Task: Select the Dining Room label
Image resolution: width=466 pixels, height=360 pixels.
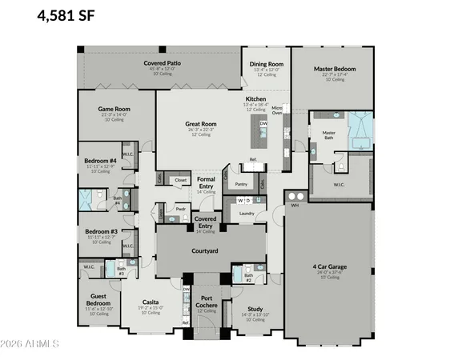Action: (x=266, y=63)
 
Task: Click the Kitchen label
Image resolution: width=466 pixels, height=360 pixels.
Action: (x=255, y=99)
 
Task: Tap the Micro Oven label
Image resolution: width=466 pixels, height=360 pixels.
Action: (x=276, y=110)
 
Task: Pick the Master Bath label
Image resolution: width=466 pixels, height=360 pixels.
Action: (x=328, y=135)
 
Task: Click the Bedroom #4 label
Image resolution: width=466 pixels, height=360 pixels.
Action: (x=100, y=161)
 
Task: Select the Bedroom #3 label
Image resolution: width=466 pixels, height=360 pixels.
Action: (x=100, y=231)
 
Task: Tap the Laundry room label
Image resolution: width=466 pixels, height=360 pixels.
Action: (x=247, y=213)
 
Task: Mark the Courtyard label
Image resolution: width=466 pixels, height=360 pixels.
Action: (x=205, y=250)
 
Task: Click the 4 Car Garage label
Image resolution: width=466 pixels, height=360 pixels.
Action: (x=330, y=266)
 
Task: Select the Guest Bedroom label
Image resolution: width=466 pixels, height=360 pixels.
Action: (x=99, y=300)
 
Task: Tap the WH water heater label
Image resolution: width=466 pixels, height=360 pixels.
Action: (x=295, y=205)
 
